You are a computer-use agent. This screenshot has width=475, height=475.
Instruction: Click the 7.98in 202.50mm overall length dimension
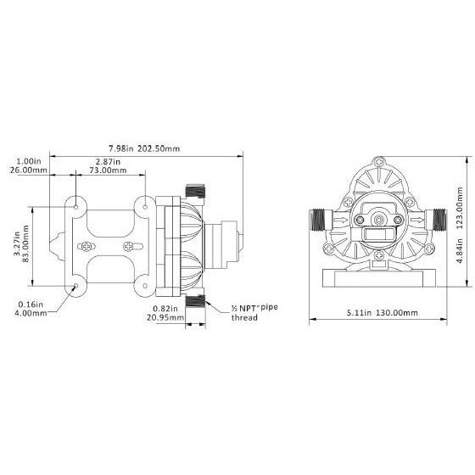pos(144,148)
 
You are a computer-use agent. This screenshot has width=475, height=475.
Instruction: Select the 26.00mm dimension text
pos(28,170)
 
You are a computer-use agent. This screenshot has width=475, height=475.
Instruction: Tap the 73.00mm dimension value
pos(108,170)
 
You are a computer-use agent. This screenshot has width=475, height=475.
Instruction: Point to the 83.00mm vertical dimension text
pos(25,244)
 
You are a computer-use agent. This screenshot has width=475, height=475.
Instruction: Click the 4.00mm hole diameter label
pos(31,313)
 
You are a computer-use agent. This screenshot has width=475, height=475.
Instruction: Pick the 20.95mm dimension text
pos(165,317)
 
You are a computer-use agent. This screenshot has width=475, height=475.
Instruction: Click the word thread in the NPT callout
pos(244,318)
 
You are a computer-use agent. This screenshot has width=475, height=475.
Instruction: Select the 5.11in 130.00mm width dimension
pos(383,313)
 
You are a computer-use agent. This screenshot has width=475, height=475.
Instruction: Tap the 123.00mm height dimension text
pos(460,208)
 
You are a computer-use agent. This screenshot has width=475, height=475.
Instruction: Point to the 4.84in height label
pos(460,251)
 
